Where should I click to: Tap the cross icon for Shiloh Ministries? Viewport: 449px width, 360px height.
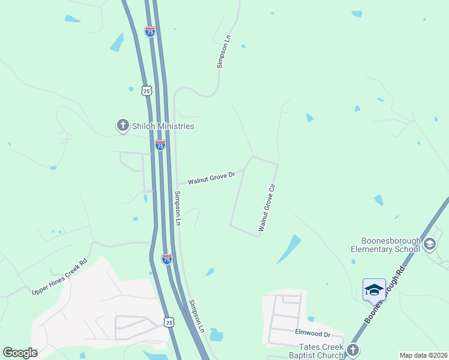122,125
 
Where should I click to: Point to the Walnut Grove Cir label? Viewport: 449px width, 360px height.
268,208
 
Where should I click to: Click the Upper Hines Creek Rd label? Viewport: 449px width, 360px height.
60,276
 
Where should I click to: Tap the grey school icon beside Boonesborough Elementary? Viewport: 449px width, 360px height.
429,244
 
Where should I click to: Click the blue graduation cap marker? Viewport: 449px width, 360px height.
374,290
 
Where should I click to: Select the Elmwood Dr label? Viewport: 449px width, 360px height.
313,332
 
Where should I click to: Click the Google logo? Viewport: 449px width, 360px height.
20,353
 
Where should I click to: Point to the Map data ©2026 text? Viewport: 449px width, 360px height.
423,355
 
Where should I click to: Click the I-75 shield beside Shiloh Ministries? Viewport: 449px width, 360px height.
160,145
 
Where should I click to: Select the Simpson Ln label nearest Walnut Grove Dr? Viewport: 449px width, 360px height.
178,208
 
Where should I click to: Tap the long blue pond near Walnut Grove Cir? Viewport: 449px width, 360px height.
289,250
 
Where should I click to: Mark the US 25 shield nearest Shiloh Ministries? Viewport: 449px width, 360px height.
147,91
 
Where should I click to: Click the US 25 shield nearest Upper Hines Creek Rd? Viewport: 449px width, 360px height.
169,322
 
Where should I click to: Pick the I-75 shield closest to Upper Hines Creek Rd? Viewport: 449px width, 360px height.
167,259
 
